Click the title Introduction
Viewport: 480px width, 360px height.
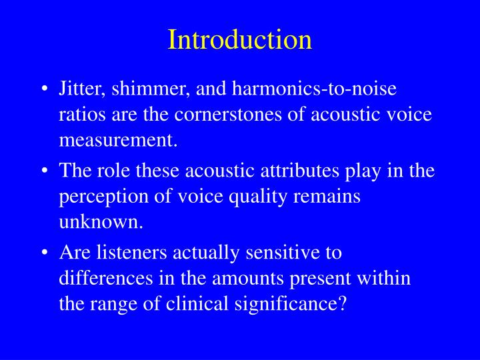240,39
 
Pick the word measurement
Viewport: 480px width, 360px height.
119,140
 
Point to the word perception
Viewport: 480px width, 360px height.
97,197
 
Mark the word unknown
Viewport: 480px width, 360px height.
101,223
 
